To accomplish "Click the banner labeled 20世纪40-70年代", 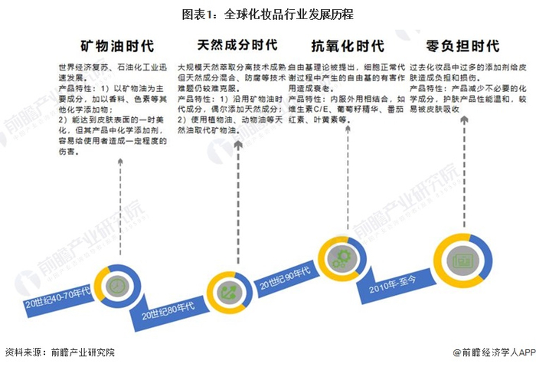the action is coord(57,301).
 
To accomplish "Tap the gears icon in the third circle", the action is coord(340,259).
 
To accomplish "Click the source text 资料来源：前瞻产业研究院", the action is coord(59,353).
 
